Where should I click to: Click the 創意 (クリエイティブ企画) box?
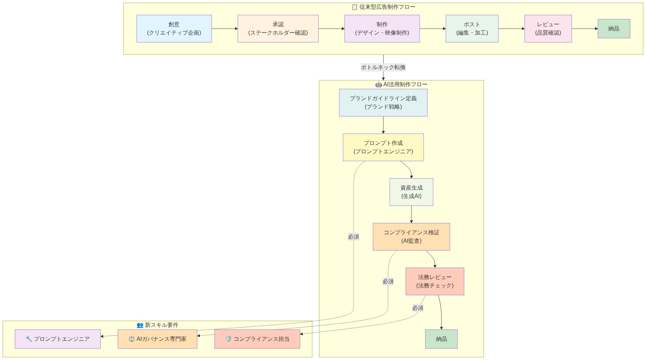174,29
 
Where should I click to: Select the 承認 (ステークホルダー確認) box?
278,29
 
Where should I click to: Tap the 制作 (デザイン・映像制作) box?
382,29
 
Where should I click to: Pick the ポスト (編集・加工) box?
472,29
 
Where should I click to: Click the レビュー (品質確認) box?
548,29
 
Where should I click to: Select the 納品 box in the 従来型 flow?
614,29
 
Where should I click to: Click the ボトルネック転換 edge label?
383,67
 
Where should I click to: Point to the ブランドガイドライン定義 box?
383,103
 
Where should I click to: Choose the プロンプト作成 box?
383,147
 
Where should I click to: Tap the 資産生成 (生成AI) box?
411,192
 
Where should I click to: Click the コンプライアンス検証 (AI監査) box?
411,237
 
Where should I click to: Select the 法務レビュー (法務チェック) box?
435,281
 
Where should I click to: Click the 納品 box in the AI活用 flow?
441,339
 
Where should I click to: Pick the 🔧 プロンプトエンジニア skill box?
58,339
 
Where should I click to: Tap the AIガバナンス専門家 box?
157,339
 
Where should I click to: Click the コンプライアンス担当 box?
257,339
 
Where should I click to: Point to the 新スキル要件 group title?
158,325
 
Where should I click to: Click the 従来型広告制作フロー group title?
383,7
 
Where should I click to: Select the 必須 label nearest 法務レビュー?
418,308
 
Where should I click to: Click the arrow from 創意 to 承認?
224,29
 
